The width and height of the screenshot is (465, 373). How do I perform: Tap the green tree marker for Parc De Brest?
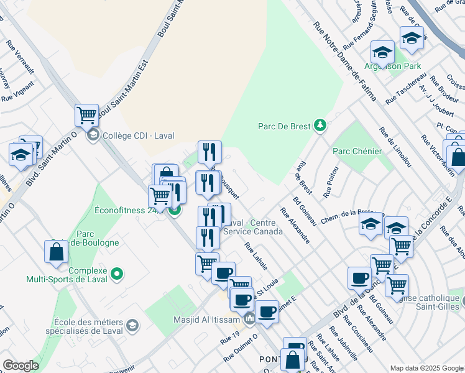tap(320, 126)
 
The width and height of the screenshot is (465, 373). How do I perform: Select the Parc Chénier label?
tap(352, 150)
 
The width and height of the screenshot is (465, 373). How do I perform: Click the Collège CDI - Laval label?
tap(138, 136)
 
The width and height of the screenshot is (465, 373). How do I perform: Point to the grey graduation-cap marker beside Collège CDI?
tap(93, 135)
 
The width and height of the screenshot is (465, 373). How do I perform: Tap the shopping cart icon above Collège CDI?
tap(86, 114)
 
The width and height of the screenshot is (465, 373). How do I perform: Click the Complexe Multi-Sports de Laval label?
tap(67, 275)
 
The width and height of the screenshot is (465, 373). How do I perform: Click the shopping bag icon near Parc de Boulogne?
tap(56, 252)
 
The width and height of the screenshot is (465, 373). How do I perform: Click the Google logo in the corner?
tap(21, 366)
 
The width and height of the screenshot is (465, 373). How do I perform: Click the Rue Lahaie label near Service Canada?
tap(256, 256)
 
